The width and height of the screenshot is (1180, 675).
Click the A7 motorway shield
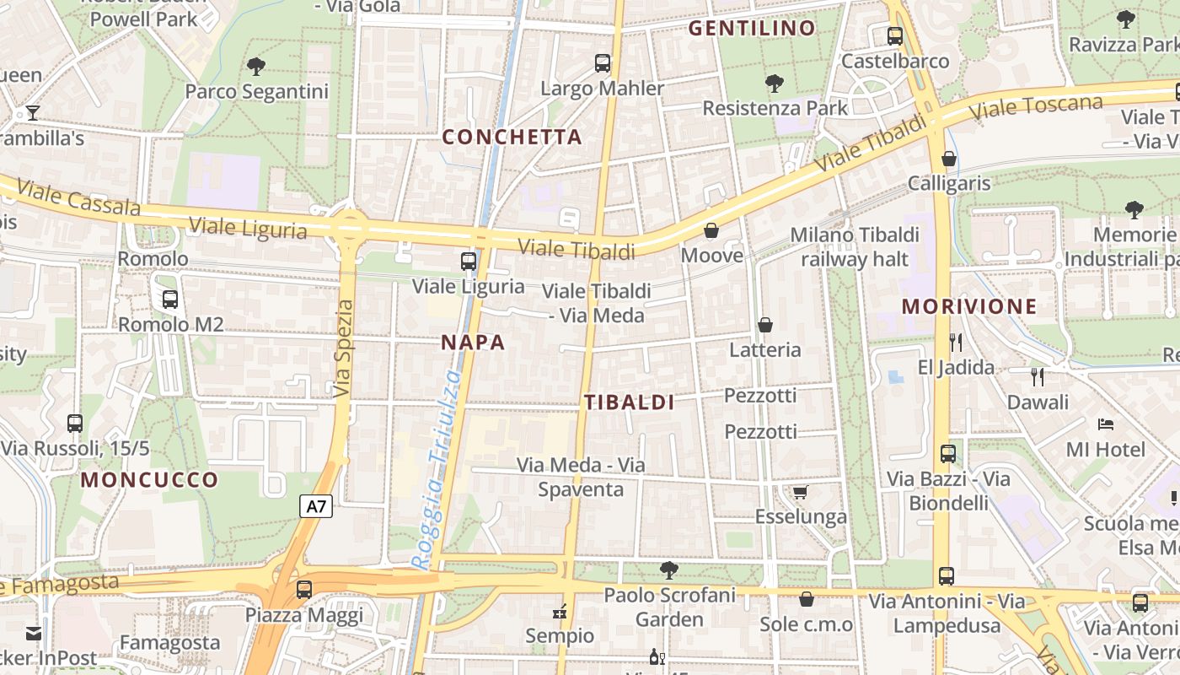pos(315,506)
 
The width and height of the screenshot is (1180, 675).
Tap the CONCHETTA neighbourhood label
pos(512,137)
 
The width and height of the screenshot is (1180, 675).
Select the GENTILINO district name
pos(752,29)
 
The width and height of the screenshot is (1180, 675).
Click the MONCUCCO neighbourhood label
pos(149,480)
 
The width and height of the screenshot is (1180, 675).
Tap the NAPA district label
pos(473,342)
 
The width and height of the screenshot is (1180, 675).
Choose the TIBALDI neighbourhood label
pos(629,402)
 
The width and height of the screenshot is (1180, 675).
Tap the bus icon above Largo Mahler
pos(602,63)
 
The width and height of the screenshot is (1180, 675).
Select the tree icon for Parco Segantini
pos(256,66)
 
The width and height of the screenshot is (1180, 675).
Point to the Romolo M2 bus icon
pos(170,299)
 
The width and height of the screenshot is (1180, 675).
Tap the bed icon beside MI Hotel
pos(1106,424)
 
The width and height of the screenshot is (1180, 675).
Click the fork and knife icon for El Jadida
pos(955,342)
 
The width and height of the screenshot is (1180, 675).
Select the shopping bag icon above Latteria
pos(765,325)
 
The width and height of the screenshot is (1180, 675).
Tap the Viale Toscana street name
pos(1036,108)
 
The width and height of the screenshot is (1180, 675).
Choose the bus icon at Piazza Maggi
pos(304,590)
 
